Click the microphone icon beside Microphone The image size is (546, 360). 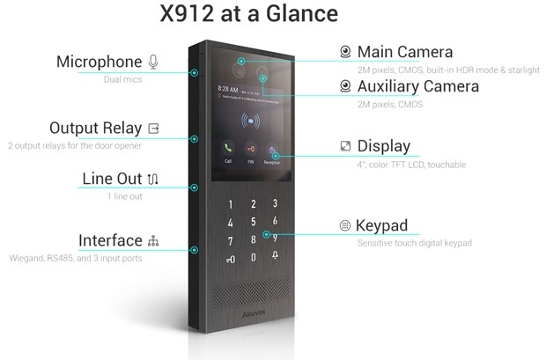(x=153, y=62)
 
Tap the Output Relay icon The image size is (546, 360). (x=153, y=129)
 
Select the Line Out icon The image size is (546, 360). (x=153, y=179)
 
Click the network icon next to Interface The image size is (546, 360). (x=153, y=241)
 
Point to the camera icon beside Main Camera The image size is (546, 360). (x=345, y=52)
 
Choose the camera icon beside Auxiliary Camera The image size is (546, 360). (x=345, y=86)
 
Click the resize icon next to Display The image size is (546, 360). (x=345, y=146)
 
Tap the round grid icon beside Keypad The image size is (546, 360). (x=344, y=225)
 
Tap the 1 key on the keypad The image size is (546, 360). (x=230, y=205)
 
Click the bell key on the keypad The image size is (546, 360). (x=275, y=255)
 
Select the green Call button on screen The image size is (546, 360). (x=228, y=149)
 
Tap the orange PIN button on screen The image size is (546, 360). (x=250, y=149)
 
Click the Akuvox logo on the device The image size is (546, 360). (x=254, y=313)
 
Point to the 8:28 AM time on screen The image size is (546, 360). (x=228, y=89)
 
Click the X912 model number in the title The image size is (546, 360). (x=187, y=13)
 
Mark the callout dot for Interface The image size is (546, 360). (x=195, y=250)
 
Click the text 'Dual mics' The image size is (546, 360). (x=122, y=79)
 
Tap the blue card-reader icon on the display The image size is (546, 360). (x=250, y=121)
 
